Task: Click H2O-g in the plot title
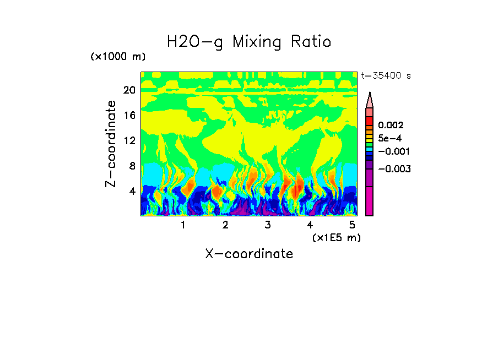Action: [x=195, y=42]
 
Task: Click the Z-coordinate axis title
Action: [x=111, y=144]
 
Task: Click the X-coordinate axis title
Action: [x=249, y=254]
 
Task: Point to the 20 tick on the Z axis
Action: [x=129, y=90]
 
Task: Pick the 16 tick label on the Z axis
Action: [x=129, y=116]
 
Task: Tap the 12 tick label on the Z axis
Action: [x=129, y=140]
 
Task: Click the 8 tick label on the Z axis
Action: [x=132, y=166]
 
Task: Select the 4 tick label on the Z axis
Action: [x=132, y=191]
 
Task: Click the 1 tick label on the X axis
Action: [x=183, y=225]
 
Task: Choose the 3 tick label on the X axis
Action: [x=267, y=225]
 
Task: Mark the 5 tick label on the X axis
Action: [x=352, y=225]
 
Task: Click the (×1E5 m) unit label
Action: [x=336, y=237]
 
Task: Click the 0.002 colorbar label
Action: [x=391, y=126]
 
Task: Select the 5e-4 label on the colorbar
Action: [x=390, y=139]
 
